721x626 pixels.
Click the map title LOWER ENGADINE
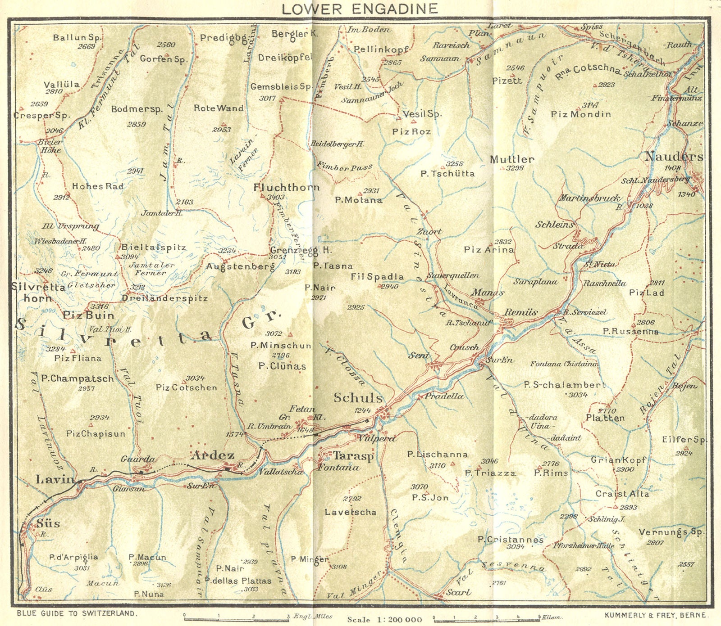pos(360,8)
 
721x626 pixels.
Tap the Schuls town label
pos(358,398)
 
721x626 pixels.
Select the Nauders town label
pos(673,157)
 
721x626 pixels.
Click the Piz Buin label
pos(88,315)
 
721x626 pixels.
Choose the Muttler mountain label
pos(512,159)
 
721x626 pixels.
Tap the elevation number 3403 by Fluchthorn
pos(275,197)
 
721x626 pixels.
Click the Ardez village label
pos(213,455)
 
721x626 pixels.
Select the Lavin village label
pos(55,479)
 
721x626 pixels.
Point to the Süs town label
pos(48,523)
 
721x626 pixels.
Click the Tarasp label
pos(353,456)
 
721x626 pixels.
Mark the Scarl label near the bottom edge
pos(458,592)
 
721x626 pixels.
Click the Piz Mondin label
pos(581,114)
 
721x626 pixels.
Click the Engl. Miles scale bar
pos(236,619)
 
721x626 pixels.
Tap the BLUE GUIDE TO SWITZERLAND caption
pos(77,613)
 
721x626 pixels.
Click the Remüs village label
pos(521,312)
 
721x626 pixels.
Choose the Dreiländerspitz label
pos(164,298)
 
